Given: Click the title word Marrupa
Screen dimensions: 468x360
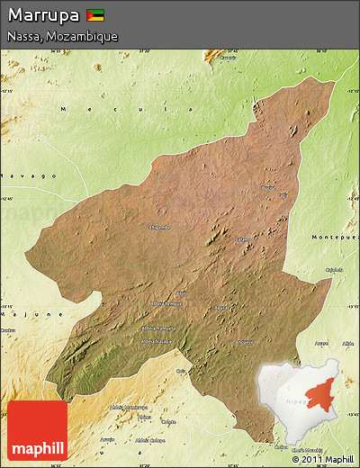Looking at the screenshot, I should pyautogui.click(x=43, y=15).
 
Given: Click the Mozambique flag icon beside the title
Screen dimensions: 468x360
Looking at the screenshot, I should pyautogui.click(x=95, y=15).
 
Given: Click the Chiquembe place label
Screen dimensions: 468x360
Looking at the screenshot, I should pyautogui.click(x=158, y=227).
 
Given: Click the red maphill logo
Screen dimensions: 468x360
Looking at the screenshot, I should pyautogui.click(x=38, y=430).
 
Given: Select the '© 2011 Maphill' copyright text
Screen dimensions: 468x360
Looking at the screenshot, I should pyautogui.click(x=322, y=459).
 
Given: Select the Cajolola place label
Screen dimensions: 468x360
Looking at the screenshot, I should pyautogui.click(x=334, y=269).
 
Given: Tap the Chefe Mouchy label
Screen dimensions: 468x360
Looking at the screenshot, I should pyautogui.click(x=306, y=448).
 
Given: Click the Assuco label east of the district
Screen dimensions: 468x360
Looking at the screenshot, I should pyautogui.click(x=321, y=343).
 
